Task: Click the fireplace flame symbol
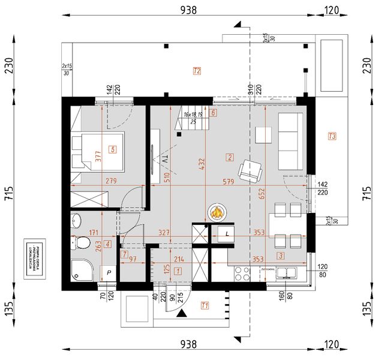click(216, 212)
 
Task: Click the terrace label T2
click(196, 71)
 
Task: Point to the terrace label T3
click(332, 137)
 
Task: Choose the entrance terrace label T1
click(204, 306)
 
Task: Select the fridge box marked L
click(227, 234)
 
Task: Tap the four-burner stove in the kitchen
click(241, 272)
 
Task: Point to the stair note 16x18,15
click(193, 114)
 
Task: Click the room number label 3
click(279, 256)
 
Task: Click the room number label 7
click(124, 254)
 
